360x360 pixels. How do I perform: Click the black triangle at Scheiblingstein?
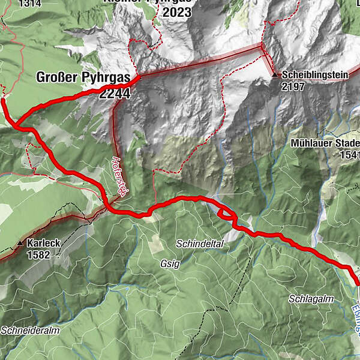275,76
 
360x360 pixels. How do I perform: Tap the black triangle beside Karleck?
20,244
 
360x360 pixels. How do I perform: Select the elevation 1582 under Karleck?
38,254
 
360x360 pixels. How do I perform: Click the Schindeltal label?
200,244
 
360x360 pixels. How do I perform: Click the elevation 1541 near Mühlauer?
348,155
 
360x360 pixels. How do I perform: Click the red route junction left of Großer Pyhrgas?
16,125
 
